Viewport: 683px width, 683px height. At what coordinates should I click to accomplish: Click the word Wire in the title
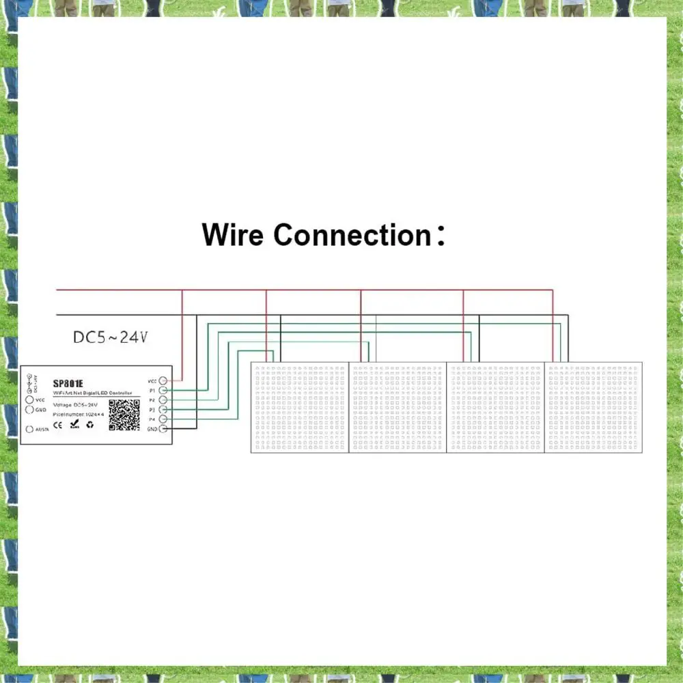(232, 235)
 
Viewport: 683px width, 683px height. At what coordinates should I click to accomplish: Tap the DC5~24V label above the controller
(110, 337)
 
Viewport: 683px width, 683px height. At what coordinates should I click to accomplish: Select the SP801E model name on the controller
(68, 383)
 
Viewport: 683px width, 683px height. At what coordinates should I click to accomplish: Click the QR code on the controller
(124, 415)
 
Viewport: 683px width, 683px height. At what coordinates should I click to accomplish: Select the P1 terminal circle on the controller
(163, 389)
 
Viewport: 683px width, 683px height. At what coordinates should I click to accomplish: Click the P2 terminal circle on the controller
(163, 399)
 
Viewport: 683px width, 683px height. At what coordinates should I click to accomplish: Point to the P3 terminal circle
(163, 409)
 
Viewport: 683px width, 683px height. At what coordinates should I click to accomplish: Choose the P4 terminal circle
(163, 419)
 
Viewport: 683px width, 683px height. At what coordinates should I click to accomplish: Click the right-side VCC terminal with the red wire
(163, 380)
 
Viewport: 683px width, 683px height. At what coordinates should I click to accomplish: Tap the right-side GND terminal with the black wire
(163, 428)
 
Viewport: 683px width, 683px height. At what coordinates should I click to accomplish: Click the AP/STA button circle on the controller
(29, 429)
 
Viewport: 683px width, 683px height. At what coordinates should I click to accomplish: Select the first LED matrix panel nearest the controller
(300, 407)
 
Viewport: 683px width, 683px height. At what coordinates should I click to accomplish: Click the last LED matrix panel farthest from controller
(594, 407)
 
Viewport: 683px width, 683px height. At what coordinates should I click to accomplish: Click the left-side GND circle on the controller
(29, 410)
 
